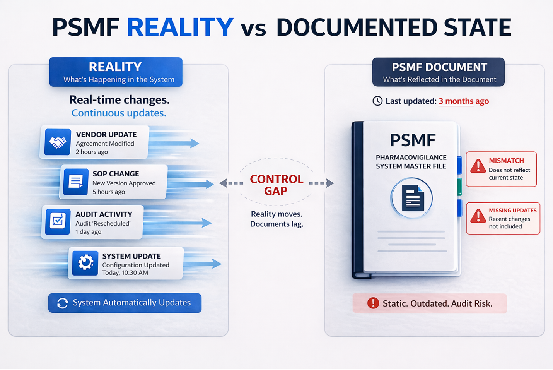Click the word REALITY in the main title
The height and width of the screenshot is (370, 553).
click(x=180, y=27)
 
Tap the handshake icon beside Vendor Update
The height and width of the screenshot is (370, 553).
click(x=58, y=142)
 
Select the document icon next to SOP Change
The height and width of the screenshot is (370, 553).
click(x=76, y=182)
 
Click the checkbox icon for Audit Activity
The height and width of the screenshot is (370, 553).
click(x=58, y=222)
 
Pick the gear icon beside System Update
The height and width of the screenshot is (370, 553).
click(x=85, y=263)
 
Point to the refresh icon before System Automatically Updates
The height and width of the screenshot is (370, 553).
click(x=63, y=303)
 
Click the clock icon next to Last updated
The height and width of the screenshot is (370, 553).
click(x=377, y=101)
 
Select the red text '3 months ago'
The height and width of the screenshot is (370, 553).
click(x=464, y=101)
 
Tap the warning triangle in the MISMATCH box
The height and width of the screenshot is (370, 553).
click(x=478, y=166)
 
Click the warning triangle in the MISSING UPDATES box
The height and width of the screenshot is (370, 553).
click(x=478, y=217)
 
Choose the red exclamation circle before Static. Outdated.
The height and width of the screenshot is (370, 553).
click(x=373, y=303)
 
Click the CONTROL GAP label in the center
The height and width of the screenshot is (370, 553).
click(x=276, y=185)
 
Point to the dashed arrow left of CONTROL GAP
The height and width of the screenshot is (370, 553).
click(x=231, y=183)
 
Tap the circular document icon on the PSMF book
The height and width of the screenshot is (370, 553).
click(x=411, y=198)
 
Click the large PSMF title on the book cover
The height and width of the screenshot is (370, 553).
click(x=413, y=140)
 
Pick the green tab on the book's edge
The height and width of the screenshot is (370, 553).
click(x=459, y=186)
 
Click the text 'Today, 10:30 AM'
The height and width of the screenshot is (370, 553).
click(x=125, y=273)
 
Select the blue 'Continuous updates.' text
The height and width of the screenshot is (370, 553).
click(x=119, y=113)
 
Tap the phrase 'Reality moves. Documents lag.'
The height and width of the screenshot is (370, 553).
click(x=276, y=219)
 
